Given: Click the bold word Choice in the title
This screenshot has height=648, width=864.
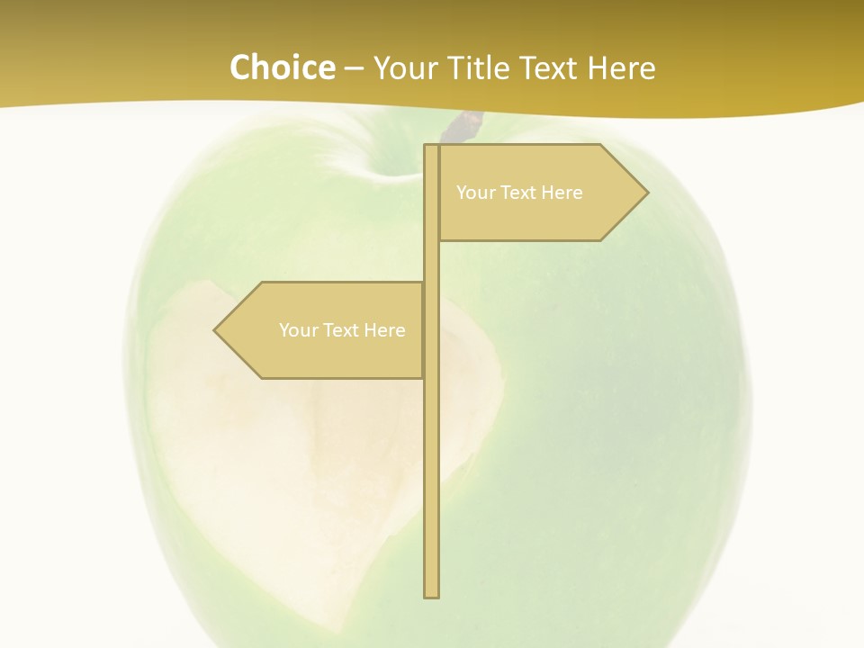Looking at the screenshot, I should click(282, 67).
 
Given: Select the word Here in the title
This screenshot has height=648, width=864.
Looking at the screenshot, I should click(621, 67).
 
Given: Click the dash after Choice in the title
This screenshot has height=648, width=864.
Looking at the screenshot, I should click(354, 68).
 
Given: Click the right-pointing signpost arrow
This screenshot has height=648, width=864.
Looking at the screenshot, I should click(540, 193).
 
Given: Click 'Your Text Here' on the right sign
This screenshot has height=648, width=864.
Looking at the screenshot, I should click(519, 193).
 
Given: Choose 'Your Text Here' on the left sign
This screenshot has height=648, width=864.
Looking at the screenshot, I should click(342, 330).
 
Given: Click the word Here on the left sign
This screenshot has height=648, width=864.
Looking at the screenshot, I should click(385, 330).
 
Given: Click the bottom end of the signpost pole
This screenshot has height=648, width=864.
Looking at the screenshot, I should click(432, 593).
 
